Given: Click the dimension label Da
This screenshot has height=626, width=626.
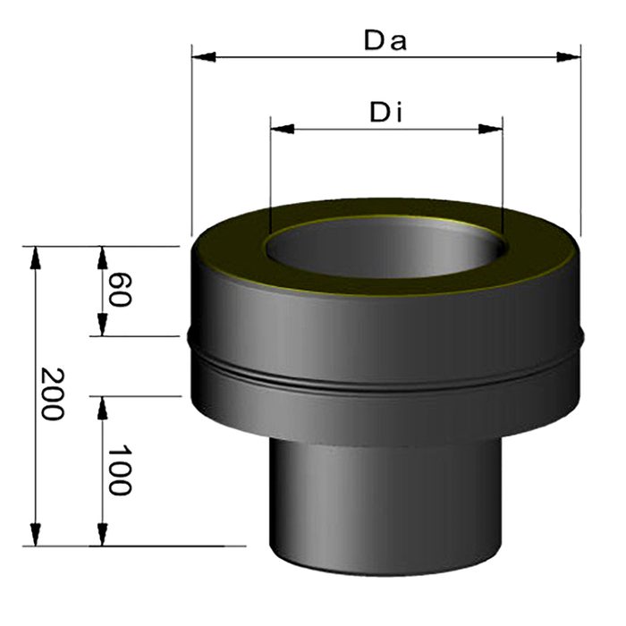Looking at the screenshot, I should pos(385,41).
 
